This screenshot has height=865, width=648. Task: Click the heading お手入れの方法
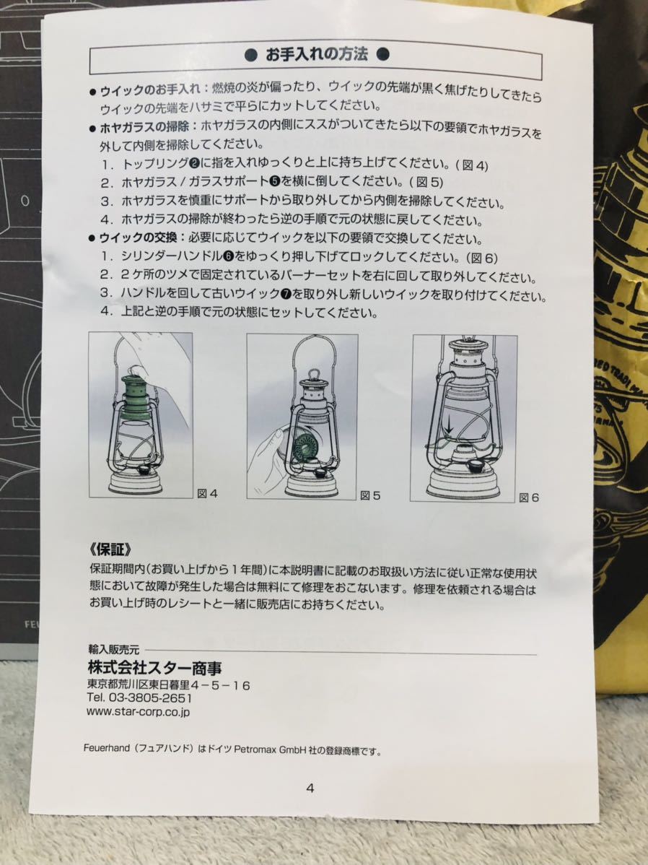(317, 54)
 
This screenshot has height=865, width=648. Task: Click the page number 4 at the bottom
(310, 788)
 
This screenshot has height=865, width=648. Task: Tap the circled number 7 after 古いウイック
(287, 295)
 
